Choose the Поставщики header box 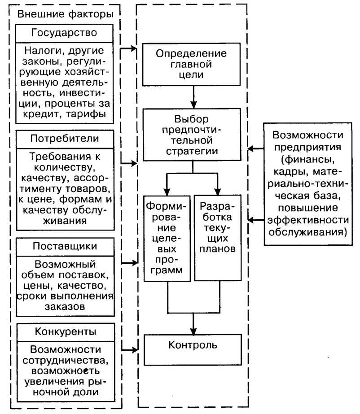coord(64,246)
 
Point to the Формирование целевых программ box coord(166,238)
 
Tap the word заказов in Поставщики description coord(64,307)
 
